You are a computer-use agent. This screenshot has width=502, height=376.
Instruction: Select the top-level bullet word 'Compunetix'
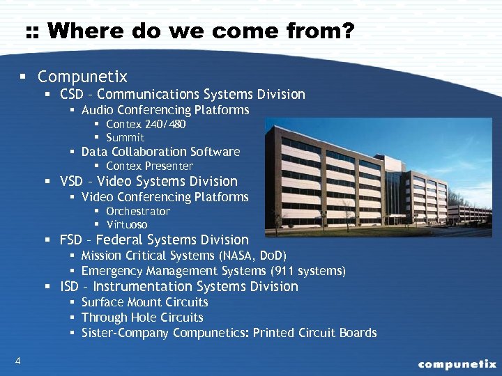click(x=82, y=76)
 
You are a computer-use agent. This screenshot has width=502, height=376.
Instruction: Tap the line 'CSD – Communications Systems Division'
click(x=183, y=94)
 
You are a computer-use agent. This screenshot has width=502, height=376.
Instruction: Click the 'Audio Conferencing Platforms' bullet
click(x=165, y=110)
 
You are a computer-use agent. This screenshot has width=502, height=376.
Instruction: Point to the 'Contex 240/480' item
click(x=146, y=124)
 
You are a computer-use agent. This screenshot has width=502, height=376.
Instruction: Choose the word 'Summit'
click(x=125, y=138)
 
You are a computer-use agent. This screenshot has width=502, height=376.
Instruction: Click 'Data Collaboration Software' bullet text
click(x=160, y=152)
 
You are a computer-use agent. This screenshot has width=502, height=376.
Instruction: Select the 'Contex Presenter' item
click(x=149, y=166)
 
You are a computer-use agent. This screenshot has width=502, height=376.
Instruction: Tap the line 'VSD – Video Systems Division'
click(x=149, y=182)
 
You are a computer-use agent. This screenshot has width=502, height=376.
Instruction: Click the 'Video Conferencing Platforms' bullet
click(x=165, y=197)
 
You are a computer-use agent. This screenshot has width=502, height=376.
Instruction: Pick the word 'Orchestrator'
click(x=138, y=211)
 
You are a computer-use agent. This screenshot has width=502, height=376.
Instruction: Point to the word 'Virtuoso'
click(x=127, y=225)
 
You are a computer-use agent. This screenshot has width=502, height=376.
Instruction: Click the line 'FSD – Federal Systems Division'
click(x=154, y=240)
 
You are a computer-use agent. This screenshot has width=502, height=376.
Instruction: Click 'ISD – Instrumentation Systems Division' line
click(x=179, y=287)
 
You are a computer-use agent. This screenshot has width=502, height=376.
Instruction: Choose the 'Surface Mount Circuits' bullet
click(x=144, y=302)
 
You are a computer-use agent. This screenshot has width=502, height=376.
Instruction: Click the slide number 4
click(x=17, y=360)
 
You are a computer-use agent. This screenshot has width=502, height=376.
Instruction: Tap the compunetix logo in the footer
click(x=457, y=363)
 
